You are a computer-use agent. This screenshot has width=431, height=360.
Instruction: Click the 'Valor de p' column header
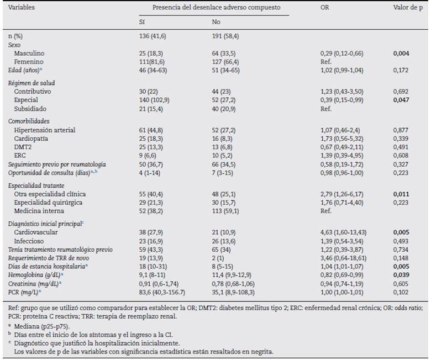408,8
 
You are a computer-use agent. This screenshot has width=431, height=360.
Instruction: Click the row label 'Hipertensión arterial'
44,130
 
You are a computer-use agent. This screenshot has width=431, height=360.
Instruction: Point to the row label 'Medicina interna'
38,210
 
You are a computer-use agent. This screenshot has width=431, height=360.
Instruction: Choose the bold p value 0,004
401,53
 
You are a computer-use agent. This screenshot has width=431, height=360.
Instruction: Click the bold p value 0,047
401,99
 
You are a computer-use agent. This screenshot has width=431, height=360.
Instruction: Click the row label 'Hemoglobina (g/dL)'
34,275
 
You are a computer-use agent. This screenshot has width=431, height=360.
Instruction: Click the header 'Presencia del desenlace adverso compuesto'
216,8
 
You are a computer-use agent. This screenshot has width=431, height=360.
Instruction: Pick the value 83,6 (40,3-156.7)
163,292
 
